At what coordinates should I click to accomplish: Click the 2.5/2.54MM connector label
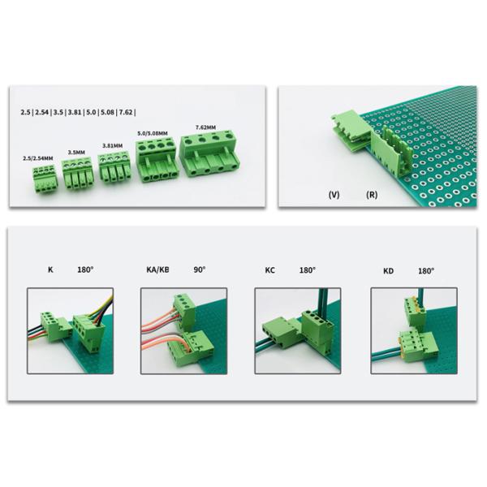pos(38,158)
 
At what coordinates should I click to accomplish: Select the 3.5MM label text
pos(76,153)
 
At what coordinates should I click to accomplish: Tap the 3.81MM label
pos(113,145)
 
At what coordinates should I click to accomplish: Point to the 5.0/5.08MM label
pos(153,134)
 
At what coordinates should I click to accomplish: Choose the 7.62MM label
pos(205,127)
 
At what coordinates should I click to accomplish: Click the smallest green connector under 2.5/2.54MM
pos(45,179)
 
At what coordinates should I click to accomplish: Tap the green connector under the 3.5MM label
pos(78,174)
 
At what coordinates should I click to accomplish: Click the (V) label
pos(334,195)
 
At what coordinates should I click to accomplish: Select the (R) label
pos(372,195)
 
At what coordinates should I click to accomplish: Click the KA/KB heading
pos(157,269)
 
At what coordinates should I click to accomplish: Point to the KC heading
pos(270,270)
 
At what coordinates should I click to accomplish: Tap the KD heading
pos(388,271)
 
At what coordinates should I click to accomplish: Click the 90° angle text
pos(200,269)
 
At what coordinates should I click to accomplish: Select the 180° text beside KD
pos(426,271)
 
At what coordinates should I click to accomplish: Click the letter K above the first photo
pos(50,269)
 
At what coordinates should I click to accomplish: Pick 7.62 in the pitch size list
pos(126,112)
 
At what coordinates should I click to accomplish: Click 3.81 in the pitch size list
pos(75,112)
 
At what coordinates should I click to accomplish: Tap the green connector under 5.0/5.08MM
pos(156,161)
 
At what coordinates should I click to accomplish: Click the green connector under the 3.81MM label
pos(114,166)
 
